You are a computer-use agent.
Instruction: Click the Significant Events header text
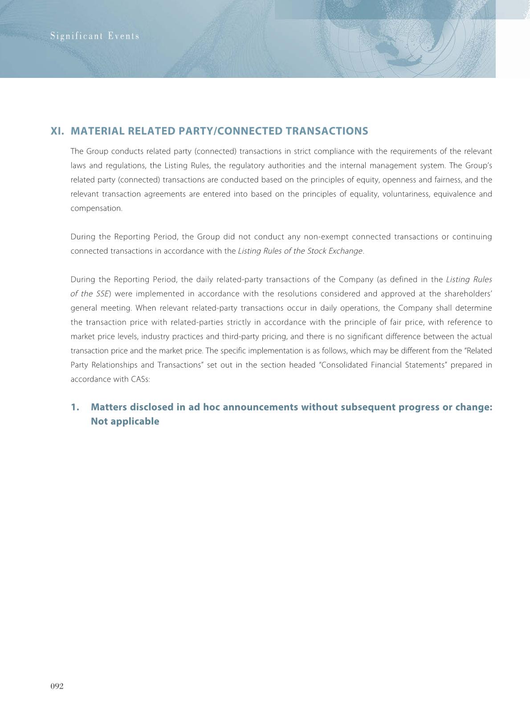(95, 36)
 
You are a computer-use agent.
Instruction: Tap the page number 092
(57, 686)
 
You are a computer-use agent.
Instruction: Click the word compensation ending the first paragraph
(96, 208)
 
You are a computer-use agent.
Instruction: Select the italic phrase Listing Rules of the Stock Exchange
(300, 251)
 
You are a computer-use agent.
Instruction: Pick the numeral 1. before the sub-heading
(75, 407)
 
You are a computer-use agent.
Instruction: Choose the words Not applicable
(125, 422)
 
